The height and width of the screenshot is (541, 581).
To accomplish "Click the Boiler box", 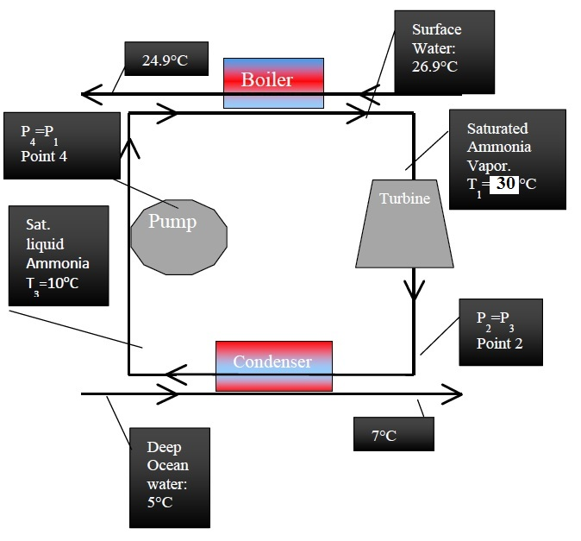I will pyautogui.click(x=273, y=82).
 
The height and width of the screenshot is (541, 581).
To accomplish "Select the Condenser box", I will pyautogui.click(x=273, y=365).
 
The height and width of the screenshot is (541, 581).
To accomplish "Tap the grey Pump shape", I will pyautogui.click(x=179, y=232).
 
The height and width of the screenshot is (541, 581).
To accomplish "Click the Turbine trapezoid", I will pyautogui.click(x=403, y=223).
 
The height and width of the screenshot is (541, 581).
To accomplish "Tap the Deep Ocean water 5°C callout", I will pyautogui.click(x=170, y=475).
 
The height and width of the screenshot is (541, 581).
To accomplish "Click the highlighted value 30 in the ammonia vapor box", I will pyautogui.click(x=503, y=184).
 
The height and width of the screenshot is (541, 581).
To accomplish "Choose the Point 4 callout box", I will pyautogui.click(x=60, y=145).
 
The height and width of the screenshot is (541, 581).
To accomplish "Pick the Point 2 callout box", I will pyautogui.click(x=500, y=331).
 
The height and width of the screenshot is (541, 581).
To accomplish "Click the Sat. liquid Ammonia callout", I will pyautogui.click(x=59, y=255).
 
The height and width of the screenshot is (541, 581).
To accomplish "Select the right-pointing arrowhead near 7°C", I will pyautogui.click(x=453, y=394).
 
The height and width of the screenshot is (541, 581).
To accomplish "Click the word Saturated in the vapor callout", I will pyautogui.click(x=497, y=129).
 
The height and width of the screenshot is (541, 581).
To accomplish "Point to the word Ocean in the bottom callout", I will pyautogui.click(x=166, y=466).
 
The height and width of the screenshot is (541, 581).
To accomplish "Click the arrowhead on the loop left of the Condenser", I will pyautogui.click(x=175, y=374).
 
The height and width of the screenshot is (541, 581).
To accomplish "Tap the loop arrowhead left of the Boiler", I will pyautogui.click(x=169, y=112).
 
